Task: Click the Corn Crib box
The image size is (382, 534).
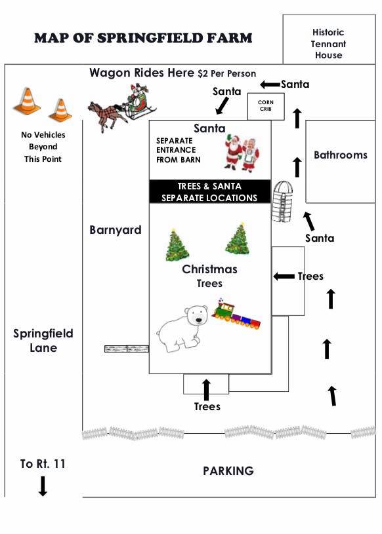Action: click(266, 106)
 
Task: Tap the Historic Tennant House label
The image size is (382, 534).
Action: click(328, 44)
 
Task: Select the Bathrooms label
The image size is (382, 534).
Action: click(341, 155)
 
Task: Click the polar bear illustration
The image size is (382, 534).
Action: click(182, 328)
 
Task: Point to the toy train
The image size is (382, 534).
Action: click(236, 315)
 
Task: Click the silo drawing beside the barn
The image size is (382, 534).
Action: click(282, 201)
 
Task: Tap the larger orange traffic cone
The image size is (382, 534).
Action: click(27, 101)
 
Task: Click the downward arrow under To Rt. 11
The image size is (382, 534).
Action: click(43, 486)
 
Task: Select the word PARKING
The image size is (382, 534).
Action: click(228, 471)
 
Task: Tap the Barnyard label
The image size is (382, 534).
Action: click(116, 230)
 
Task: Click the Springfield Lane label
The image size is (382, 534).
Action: click(43, 340)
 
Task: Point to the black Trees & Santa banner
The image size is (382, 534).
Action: click(210, 192)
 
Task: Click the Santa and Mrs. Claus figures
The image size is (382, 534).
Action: click(242, 152)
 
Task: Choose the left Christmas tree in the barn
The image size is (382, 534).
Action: click(177, 244)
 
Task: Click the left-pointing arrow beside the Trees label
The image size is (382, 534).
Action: click(284, 277)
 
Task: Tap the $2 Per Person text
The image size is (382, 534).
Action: click(227, 73)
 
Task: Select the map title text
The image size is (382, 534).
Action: click(143, 38)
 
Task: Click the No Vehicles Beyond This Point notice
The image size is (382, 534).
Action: click(43, 147)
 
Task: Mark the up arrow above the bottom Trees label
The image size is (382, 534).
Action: click(206, 390)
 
